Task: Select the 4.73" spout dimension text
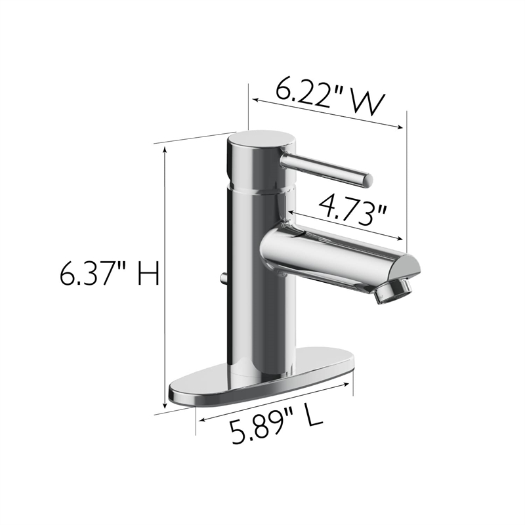click(351, 209)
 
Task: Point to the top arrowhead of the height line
click(164, 150)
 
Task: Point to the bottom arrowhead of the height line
click(164, 407)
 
